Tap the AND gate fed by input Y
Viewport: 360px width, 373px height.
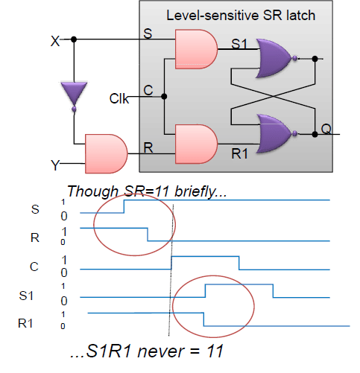click(x=104, y=152)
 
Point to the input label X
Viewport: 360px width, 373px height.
click(x=54, y=41)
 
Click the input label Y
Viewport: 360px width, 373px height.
click(x=54, y=162)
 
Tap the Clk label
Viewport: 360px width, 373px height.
click(x=119, y=98)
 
